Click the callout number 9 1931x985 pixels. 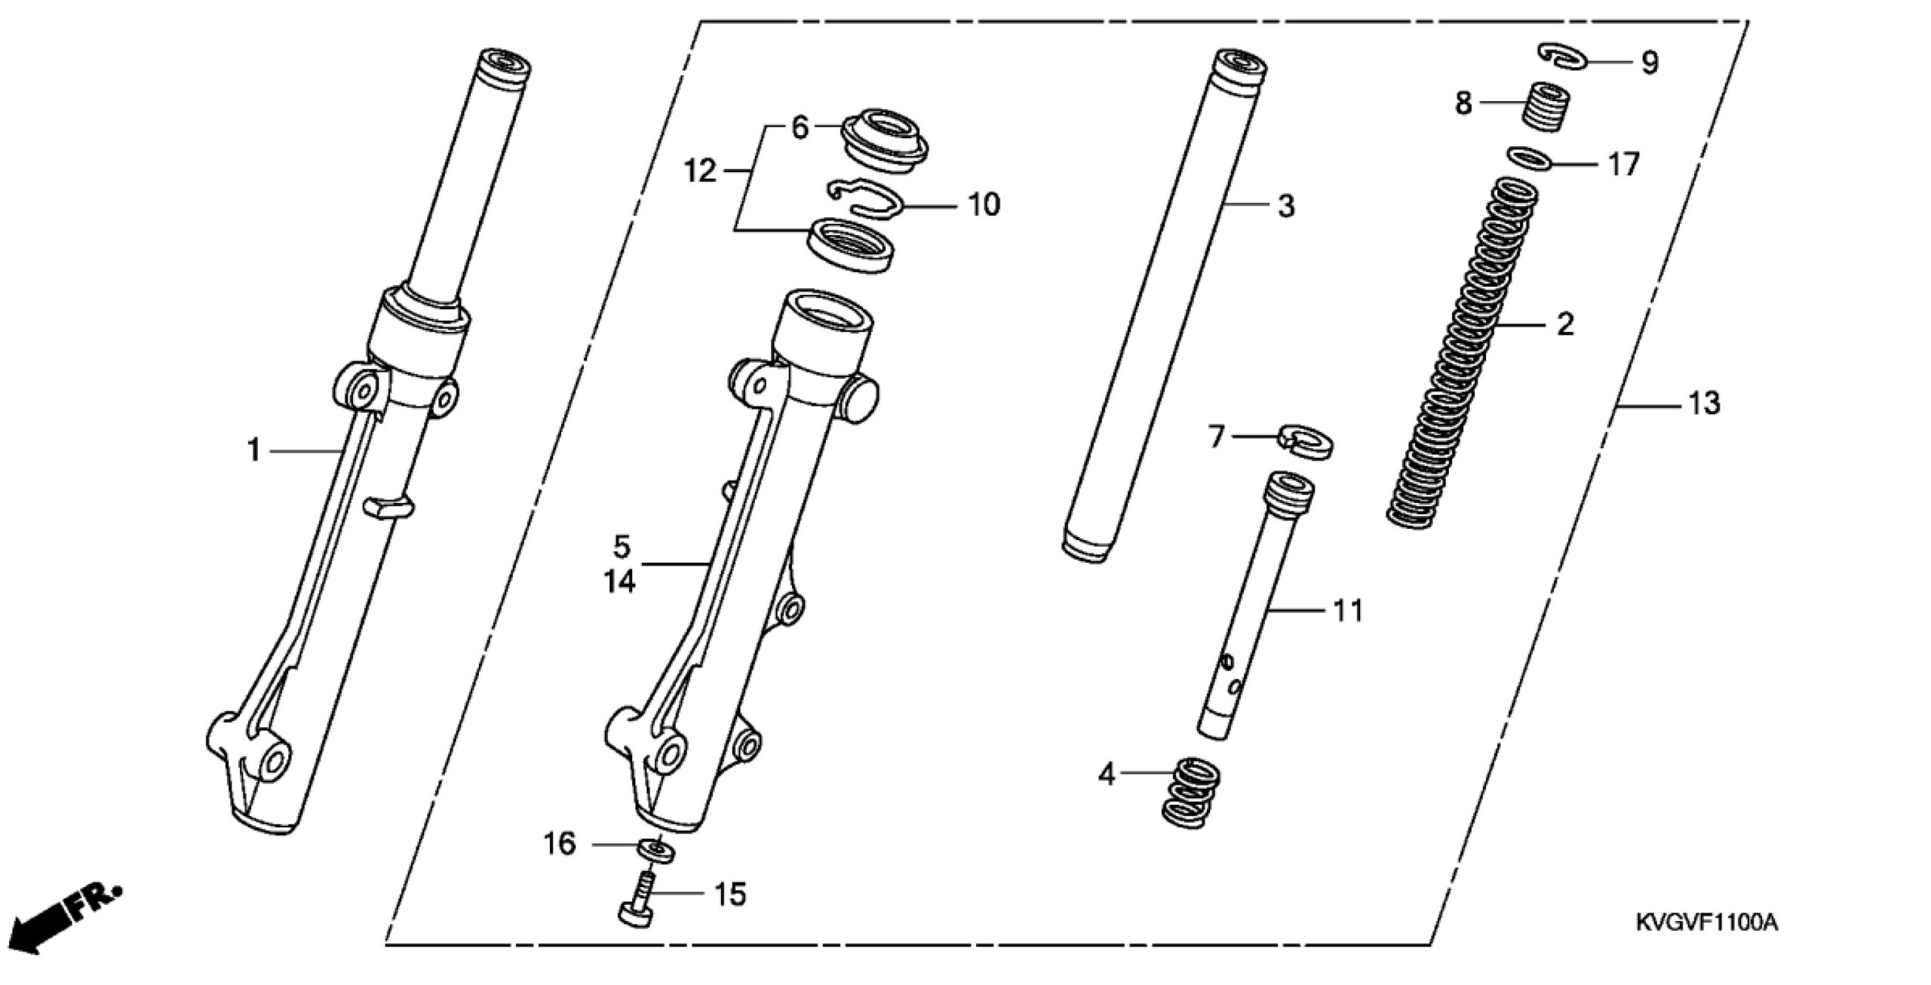coord(1650,63)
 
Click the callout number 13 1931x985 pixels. coord(1704,404)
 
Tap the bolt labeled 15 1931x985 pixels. coord(638,906)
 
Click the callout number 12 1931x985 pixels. coord(699,172)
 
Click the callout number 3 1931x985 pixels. coord(1286,205)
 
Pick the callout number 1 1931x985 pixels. coord(254,450)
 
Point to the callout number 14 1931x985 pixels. coord(619,581)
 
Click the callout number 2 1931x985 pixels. coord(1565,324)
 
